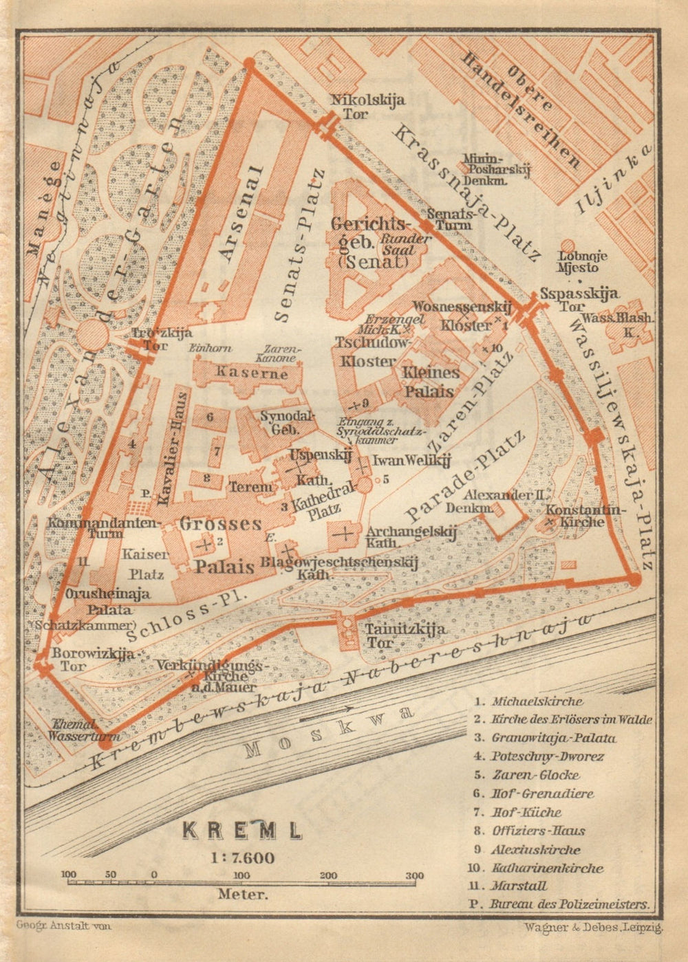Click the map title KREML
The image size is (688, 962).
(241, 830)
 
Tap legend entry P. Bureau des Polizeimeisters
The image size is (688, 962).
(561, 905)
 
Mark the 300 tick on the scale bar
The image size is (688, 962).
(414, 880)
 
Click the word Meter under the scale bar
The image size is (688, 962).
(241, 895)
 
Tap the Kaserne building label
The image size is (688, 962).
(241, 373)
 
